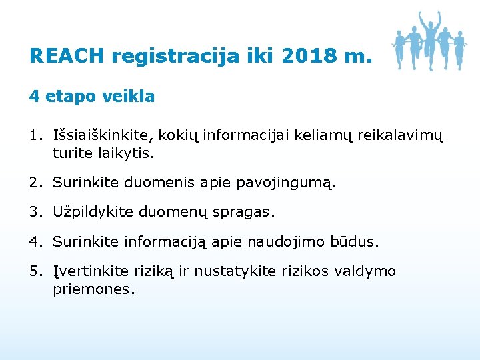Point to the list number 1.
(34, 136)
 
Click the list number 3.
(35, 212)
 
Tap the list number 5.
(35, 271)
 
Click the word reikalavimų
(399, 137)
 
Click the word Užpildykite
(93, 213)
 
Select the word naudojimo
(286, 242)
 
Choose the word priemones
(94, 289)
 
